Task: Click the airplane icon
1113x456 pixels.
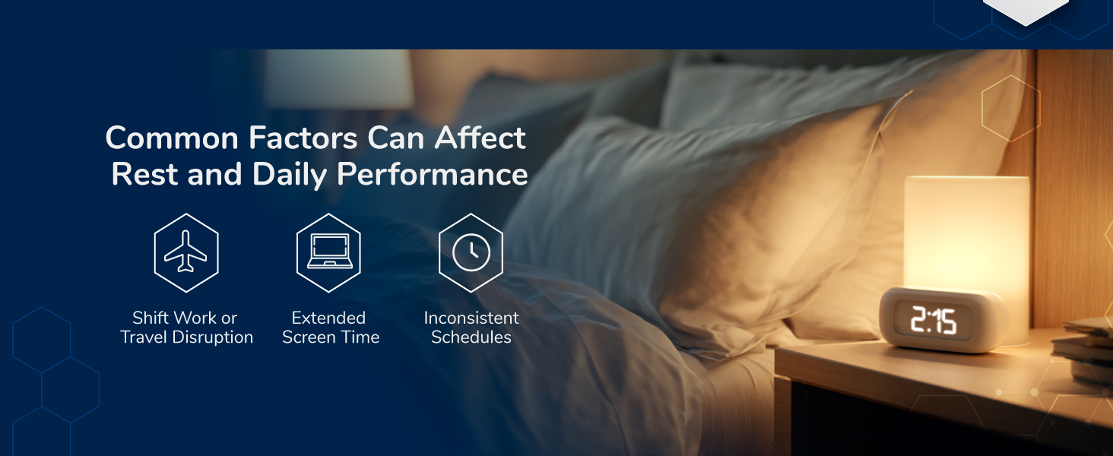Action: pos(185,252)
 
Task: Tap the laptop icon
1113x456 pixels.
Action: pos(329,252)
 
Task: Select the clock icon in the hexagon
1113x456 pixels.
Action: pos(471,252)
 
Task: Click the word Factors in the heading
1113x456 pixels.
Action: pos(303,138)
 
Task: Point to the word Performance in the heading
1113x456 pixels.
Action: pos(433,175)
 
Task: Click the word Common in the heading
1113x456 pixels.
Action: pos(172,138)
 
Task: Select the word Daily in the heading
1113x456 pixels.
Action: pos(290,175)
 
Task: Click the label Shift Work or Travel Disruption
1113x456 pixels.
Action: pos(186,328)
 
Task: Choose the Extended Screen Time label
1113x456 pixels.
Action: pos(331,328)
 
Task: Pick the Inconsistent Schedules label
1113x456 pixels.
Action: pos(471,328)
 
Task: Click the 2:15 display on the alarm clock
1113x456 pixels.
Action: pos(933,321)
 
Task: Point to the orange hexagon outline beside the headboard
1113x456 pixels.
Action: pos(1010,109)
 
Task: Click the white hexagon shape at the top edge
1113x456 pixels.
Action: pos(1026,10)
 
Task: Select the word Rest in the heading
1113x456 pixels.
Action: pos(144,175)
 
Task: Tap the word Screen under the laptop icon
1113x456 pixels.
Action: pos(309,337)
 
